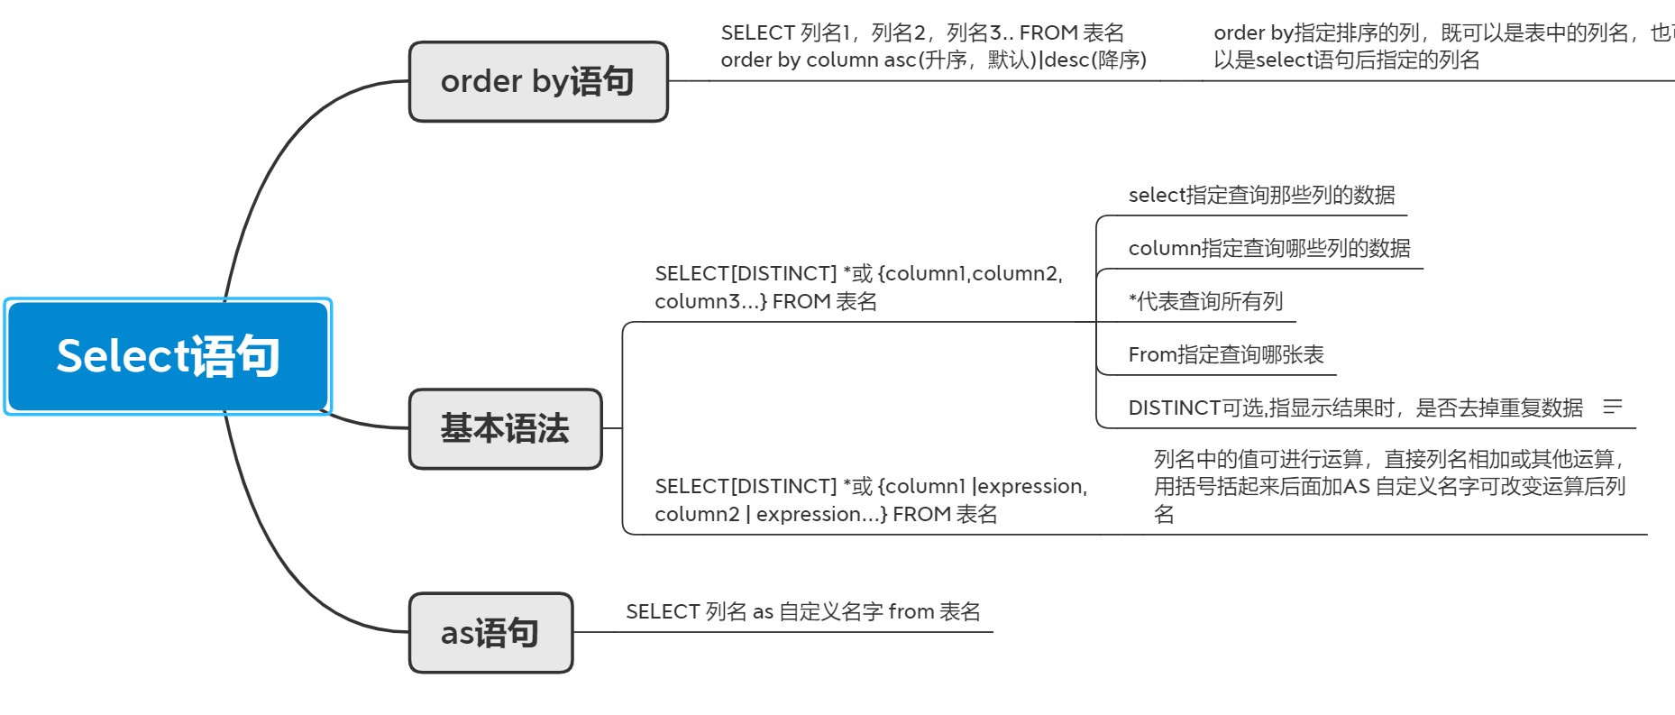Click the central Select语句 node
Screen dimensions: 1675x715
[x=168, y=356]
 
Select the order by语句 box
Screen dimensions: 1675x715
[x=538, y=81]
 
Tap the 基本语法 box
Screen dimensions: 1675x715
[x=505, y=428]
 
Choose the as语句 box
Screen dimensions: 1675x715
[x=490, y=633]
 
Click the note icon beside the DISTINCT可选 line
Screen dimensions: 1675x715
[x=1613, y=408]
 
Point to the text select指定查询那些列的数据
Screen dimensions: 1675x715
[x=1261, y=195]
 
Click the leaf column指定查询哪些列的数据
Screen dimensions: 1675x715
[x=1268, y=248]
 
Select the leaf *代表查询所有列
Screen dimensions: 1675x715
[x=1205, y=301]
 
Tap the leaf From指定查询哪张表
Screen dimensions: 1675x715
[x=1226, y=354]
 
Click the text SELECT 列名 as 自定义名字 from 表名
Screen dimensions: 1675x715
[x=802, y=611]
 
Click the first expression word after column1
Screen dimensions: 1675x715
[x=1031, y=486]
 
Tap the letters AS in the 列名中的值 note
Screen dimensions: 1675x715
[x=1357, y=486]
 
